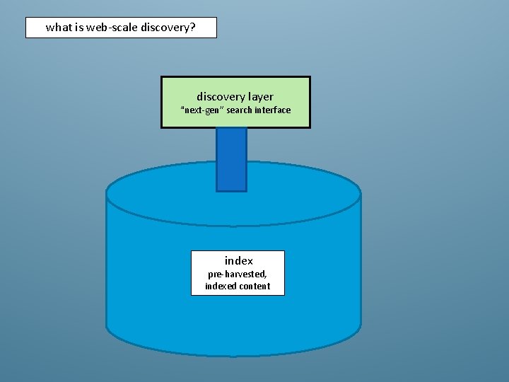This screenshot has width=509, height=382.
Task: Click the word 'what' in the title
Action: tap(59, 28)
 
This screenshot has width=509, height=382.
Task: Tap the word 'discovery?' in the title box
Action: tap(168, 28)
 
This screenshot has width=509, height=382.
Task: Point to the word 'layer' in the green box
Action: tap(260, 96)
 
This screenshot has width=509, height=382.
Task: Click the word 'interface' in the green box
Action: tap(274, 110)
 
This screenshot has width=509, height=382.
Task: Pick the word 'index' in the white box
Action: tap(238, 260)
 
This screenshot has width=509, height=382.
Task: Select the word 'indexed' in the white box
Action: tap(221, 286)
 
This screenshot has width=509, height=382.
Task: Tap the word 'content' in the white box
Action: tap(255, 286)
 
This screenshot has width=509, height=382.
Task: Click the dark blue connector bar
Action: tap(231, 159)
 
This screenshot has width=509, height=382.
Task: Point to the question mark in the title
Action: tap(192, 28)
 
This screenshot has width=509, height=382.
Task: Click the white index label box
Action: tap(238, 272)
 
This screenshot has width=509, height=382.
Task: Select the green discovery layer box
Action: tap(235, 102)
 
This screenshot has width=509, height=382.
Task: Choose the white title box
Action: tap(121, 28)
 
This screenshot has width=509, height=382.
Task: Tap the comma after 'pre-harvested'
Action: tap(266, 276)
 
